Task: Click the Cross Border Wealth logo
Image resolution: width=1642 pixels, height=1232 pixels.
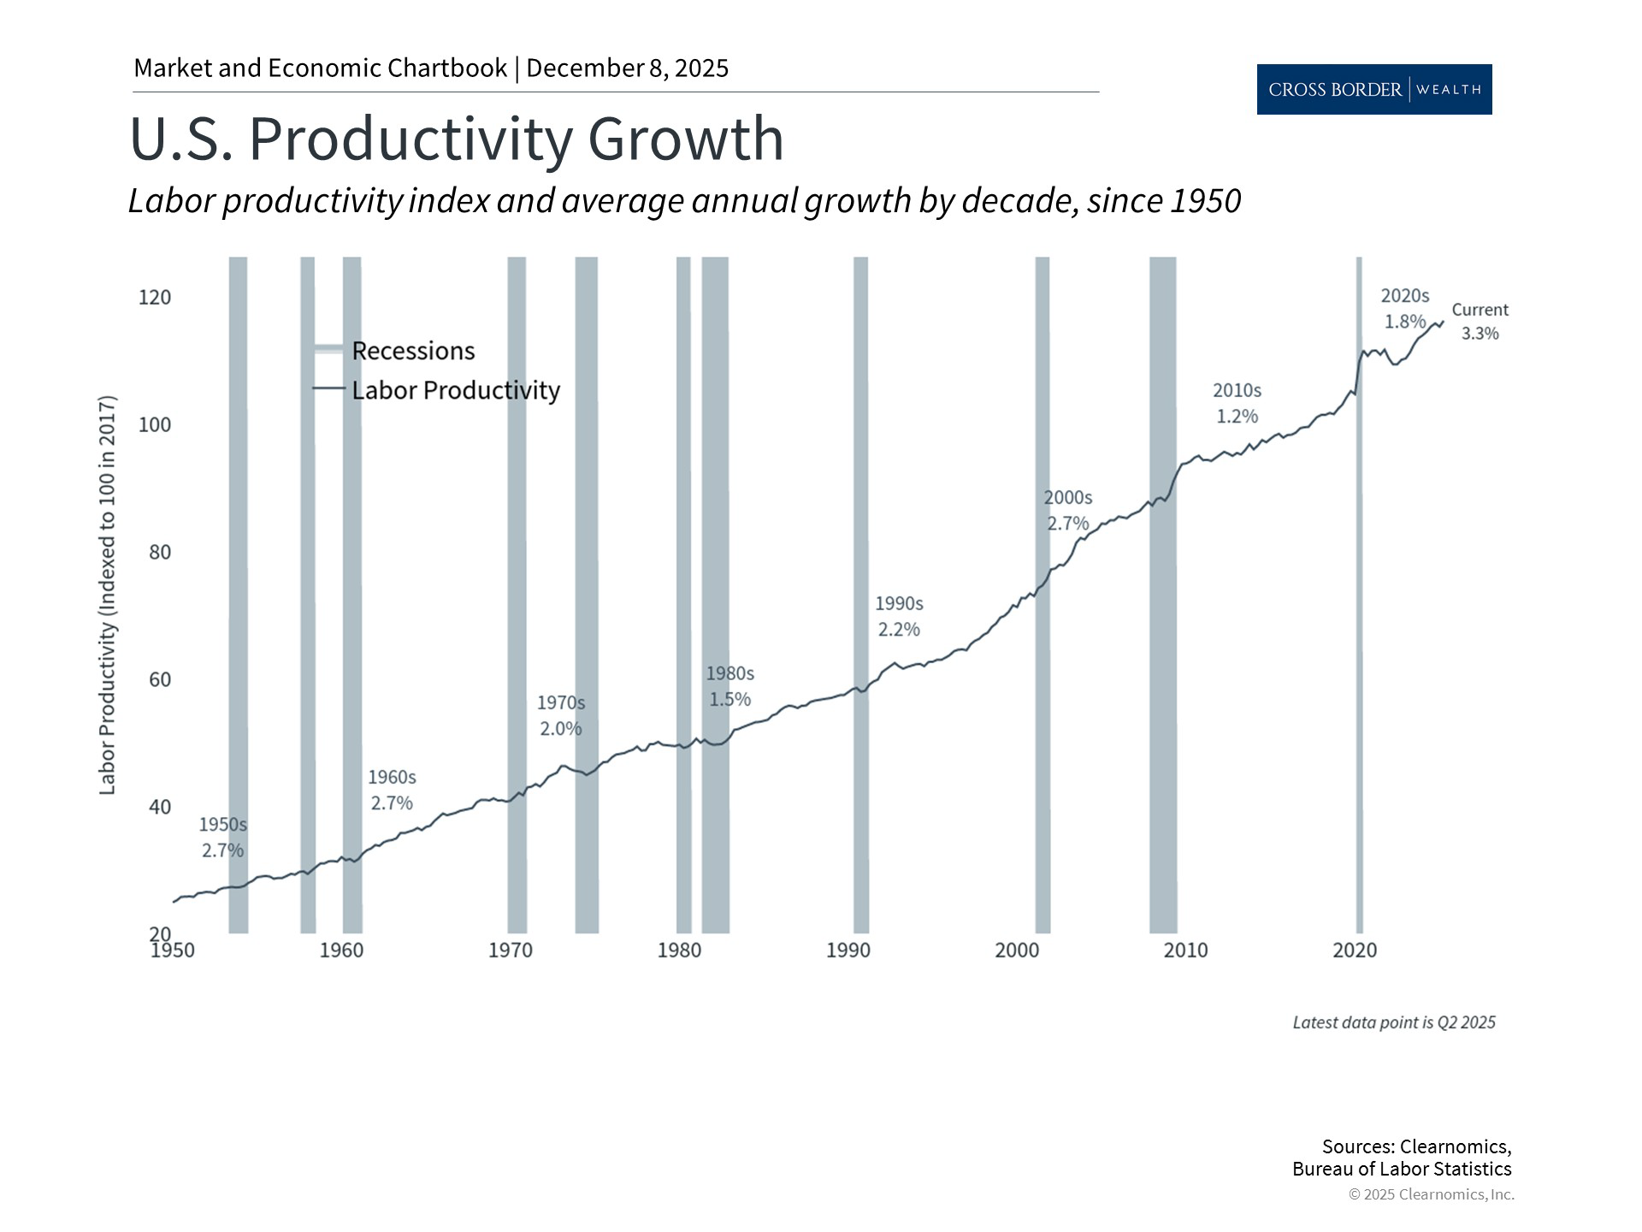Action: click(1373, 89)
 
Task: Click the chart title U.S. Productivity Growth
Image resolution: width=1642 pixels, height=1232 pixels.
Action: click(456, 139)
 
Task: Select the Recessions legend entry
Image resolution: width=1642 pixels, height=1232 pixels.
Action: click(412, 351)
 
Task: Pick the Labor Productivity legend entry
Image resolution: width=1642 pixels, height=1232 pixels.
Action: click(455, 390)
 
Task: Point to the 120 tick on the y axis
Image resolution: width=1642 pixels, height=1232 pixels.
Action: click(155, 298)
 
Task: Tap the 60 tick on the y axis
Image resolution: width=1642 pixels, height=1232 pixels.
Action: click(160, 679)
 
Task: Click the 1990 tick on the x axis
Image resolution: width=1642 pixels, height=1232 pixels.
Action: click(848, 950)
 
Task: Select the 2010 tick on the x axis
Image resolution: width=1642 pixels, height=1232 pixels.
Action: click(1185, 950)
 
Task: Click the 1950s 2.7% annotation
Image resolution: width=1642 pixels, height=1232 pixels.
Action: click(222, 837)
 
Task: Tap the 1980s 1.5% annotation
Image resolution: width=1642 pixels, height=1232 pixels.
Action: click(729, 686)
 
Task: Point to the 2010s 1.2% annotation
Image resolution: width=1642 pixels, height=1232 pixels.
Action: click(1237, 403)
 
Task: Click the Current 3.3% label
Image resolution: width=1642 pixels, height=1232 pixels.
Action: click(1480, 322)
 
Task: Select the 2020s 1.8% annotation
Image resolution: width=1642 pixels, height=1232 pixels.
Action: click(1404, 308)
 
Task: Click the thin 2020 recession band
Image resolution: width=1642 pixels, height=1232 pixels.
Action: click(1359, 599)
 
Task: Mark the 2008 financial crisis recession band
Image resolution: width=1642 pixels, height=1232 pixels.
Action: click(1162, 599)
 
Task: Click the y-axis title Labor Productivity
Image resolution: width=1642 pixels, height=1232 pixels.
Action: click(107, 595)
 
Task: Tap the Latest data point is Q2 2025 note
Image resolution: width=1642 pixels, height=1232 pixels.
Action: click(1393, 1022)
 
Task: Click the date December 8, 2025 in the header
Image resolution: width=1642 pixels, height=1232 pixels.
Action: click(627, 68)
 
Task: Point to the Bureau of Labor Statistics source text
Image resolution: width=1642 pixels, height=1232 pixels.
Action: click(1401, 1169)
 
